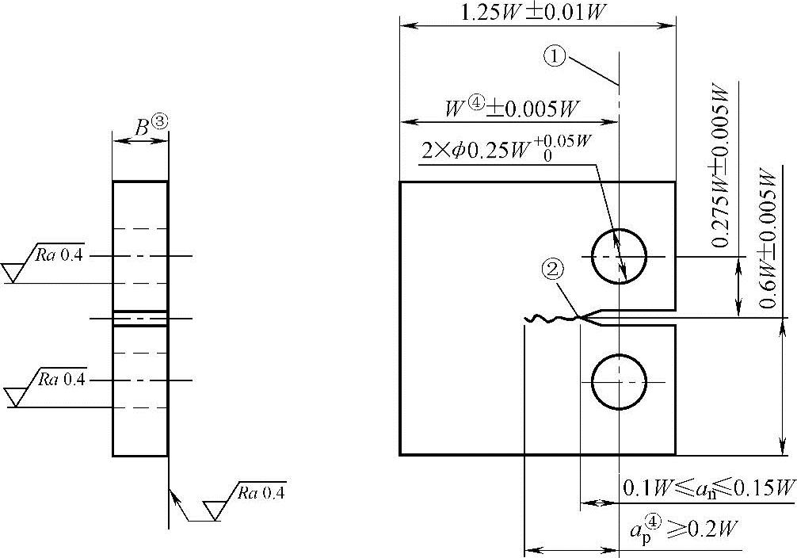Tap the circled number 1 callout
pyautogui.click(x=555, y=55)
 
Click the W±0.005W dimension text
pyautogui.click(x=513, y=108)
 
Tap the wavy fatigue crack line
pyautogui.click(x=552, y=319)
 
